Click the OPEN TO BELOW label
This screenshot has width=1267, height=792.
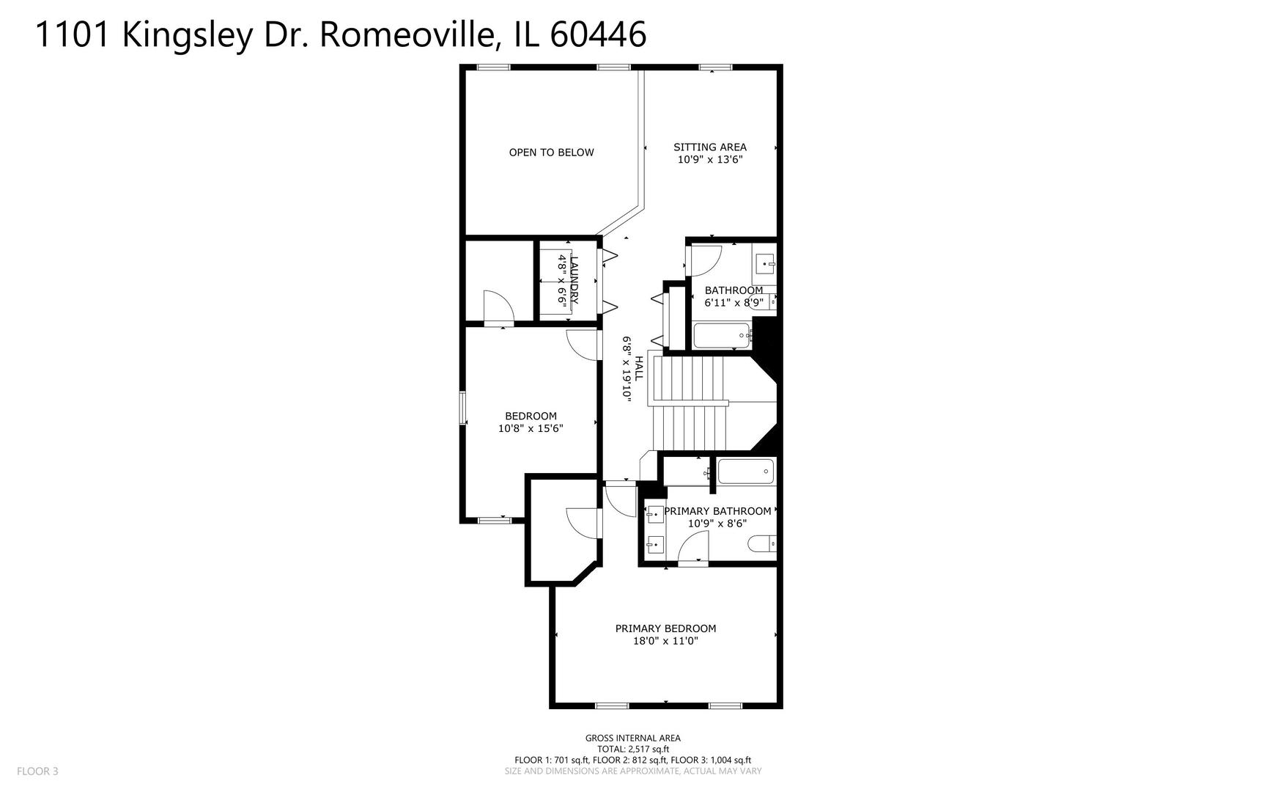coord(551,153)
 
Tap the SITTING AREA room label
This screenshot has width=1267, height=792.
coord(709,147)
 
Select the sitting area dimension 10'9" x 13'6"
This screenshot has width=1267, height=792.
coord(709,159)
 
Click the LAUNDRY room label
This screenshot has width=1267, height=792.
coord(574,279)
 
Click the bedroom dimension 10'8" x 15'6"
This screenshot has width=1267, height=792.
coord(531,428)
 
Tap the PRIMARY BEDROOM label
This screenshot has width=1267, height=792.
coord(665,628)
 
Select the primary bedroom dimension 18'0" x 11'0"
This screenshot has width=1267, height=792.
coord(665,641)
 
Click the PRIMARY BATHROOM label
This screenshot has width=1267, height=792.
coord(717,511)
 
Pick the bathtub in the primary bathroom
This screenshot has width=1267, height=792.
coord(745,471)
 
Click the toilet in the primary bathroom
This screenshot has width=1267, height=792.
coord(761,543)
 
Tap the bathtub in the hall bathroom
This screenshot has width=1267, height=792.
coord(722,336)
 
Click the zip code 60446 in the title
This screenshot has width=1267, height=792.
coord(598,34)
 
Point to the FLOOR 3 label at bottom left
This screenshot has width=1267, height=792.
coord(37,771)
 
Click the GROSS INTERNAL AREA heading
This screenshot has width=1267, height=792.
coord(632,738)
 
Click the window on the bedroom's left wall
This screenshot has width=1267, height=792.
coord(463,408)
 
